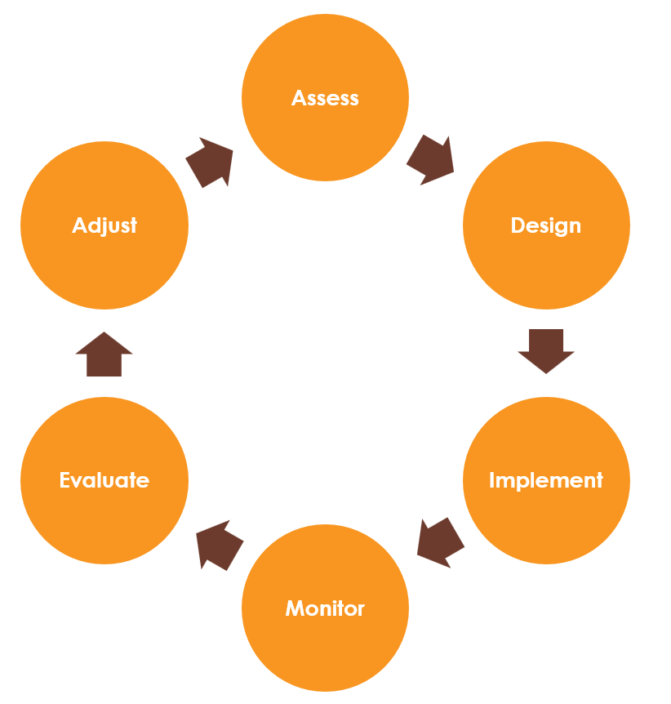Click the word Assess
(x=325, y=98)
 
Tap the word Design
(x=545, y=225)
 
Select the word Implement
(x=545, y=480)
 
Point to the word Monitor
(x=325, y=608)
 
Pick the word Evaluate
(x=104, y=480)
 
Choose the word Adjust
(x=104, y=225)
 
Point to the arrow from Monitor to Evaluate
(x=220, y=544)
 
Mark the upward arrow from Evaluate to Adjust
(x=104, y=354)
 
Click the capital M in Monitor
(x=295, y=608)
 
